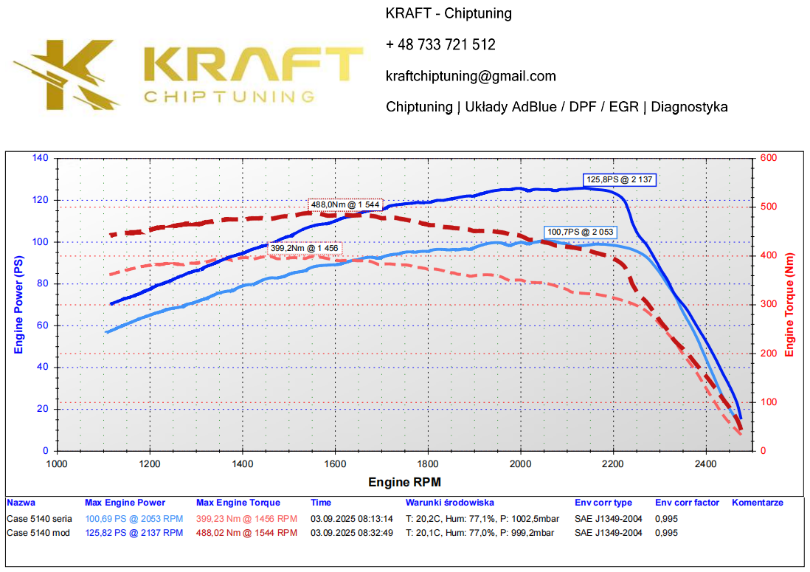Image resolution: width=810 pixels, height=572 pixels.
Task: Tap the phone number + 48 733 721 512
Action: [x=440, y=45]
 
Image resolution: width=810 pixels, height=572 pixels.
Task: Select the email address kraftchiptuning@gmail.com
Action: [x=471, y=76]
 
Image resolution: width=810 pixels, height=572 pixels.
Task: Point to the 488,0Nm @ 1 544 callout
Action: [x=345, y=205]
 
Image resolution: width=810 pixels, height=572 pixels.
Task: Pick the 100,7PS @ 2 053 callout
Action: [x=580, y=232]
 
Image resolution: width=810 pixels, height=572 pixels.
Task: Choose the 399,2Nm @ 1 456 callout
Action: [x=304, y=248]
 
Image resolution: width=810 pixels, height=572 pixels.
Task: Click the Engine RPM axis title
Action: [x=404, y=483]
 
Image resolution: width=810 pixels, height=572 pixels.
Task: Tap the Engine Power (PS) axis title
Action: [x=18, y=304]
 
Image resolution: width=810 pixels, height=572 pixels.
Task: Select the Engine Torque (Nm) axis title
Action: [x=790, y=304]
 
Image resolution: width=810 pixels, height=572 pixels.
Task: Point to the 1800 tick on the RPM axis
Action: [x=428, y=464]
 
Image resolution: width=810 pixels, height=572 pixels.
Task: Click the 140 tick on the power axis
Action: [x=40, y=158]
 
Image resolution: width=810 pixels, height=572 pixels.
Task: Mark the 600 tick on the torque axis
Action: [x=767, y=158]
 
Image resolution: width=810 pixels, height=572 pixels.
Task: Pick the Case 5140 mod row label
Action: [x=38, y=532]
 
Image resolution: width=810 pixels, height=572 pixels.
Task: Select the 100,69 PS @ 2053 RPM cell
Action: [x=134, y=519]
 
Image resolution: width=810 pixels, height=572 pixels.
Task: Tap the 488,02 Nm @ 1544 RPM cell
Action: [x=246, y=532]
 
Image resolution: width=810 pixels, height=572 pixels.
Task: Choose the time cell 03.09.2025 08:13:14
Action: [x=350, y=519]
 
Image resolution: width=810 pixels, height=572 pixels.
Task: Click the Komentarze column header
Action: [x=757, y=503]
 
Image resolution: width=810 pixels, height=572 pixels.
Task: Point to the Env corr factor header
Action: [x=687, y=503]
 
